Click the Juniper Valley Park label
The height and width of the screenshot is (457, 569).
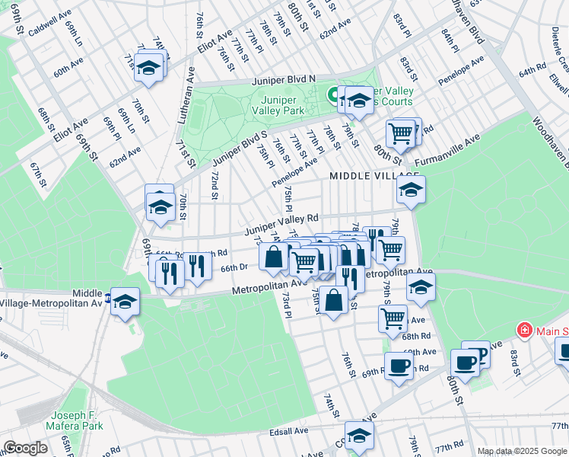[283, 104]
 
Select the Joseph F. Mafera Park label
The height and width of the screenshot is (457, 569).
[74, 420]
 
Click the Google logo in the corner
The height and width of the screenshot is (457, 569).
[25, 448]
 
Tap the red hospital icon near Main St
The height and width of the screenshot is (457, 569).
[524, 331]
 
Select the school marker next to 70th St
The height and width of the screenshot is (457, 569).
[161, 206]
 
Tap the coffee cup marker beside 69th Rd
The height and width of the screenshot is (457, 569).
[399, 366]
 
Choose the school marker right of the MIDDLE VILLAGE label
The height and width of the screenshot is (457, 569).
[411, 190]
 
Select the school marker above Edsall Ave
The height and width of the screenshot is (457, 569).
[360, 435]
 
